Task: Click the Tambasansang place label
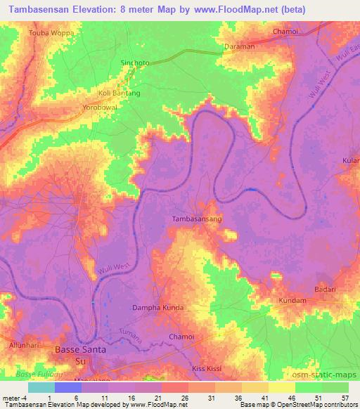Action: tap(197, 219)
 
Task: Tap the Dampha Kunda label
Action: tap(158, 308)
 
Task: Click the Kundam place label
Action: tap(292, 301)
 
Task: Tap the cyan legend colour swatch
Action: tap(41, 387)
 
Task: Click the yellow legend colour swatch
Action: tap(281, 387)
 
